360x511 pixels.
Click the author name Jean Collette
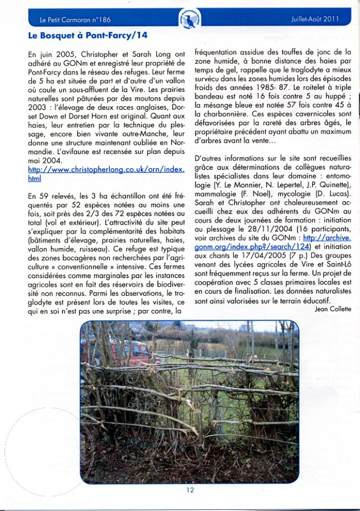point(333,309)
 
